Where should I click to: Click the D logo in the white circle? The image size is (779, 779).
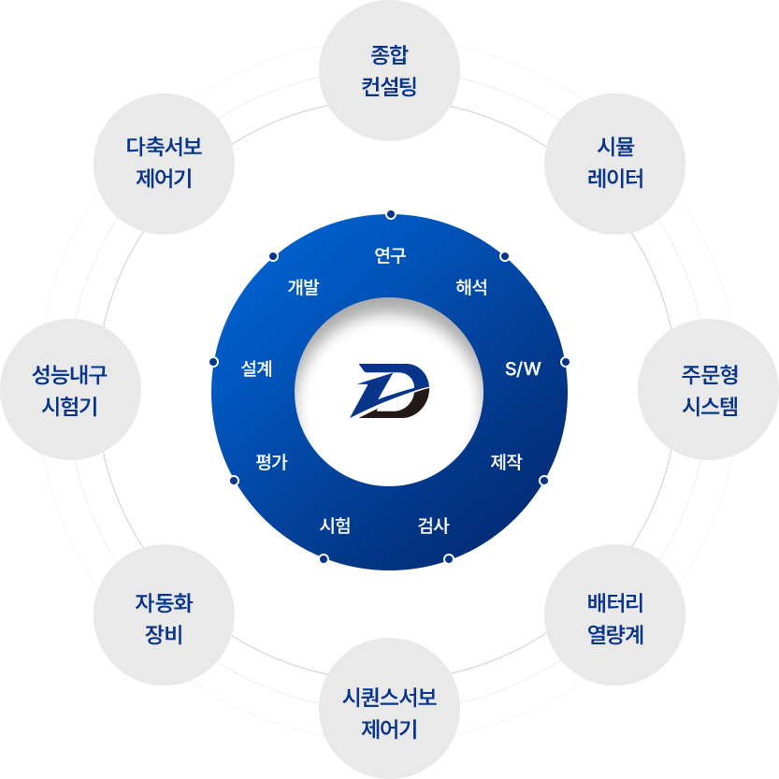coord(389,390)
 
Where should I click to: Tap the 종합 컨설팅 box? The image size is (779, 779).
coord(389,71)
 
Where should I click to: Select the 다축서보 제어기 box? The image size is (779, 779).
coord(164,164)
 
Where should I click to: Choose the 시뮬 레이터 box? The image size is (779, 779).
coord(614,164)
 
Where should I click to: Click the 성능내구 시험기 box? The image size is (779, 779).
coord(70,390)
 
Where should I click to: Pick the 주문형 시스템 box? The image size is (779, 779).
coord(709,390)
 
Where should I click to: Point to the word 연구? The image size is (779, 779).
coord(390,255)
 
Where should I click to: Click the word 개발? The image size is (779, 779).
coord(303,287)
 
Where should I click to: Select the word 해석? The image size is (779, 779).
coord(471,287)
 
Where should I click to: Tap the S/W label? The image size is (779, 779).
coord(523,368)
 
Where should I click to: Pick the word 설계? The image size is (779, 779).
coord(256,368)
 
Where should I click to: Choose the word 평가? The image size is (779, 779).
coord(271,462)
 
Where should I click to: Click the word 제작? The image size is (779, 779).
coord(506,462)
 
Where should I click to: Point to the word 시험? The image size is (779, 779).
coord(335,526)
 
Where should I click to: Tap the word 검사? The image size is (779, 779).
coord(434,526)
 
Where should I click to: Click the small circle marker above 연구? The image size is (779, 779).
coord(391,214)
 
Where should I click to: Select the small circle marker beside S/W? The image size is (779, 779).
coord(565,362)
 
